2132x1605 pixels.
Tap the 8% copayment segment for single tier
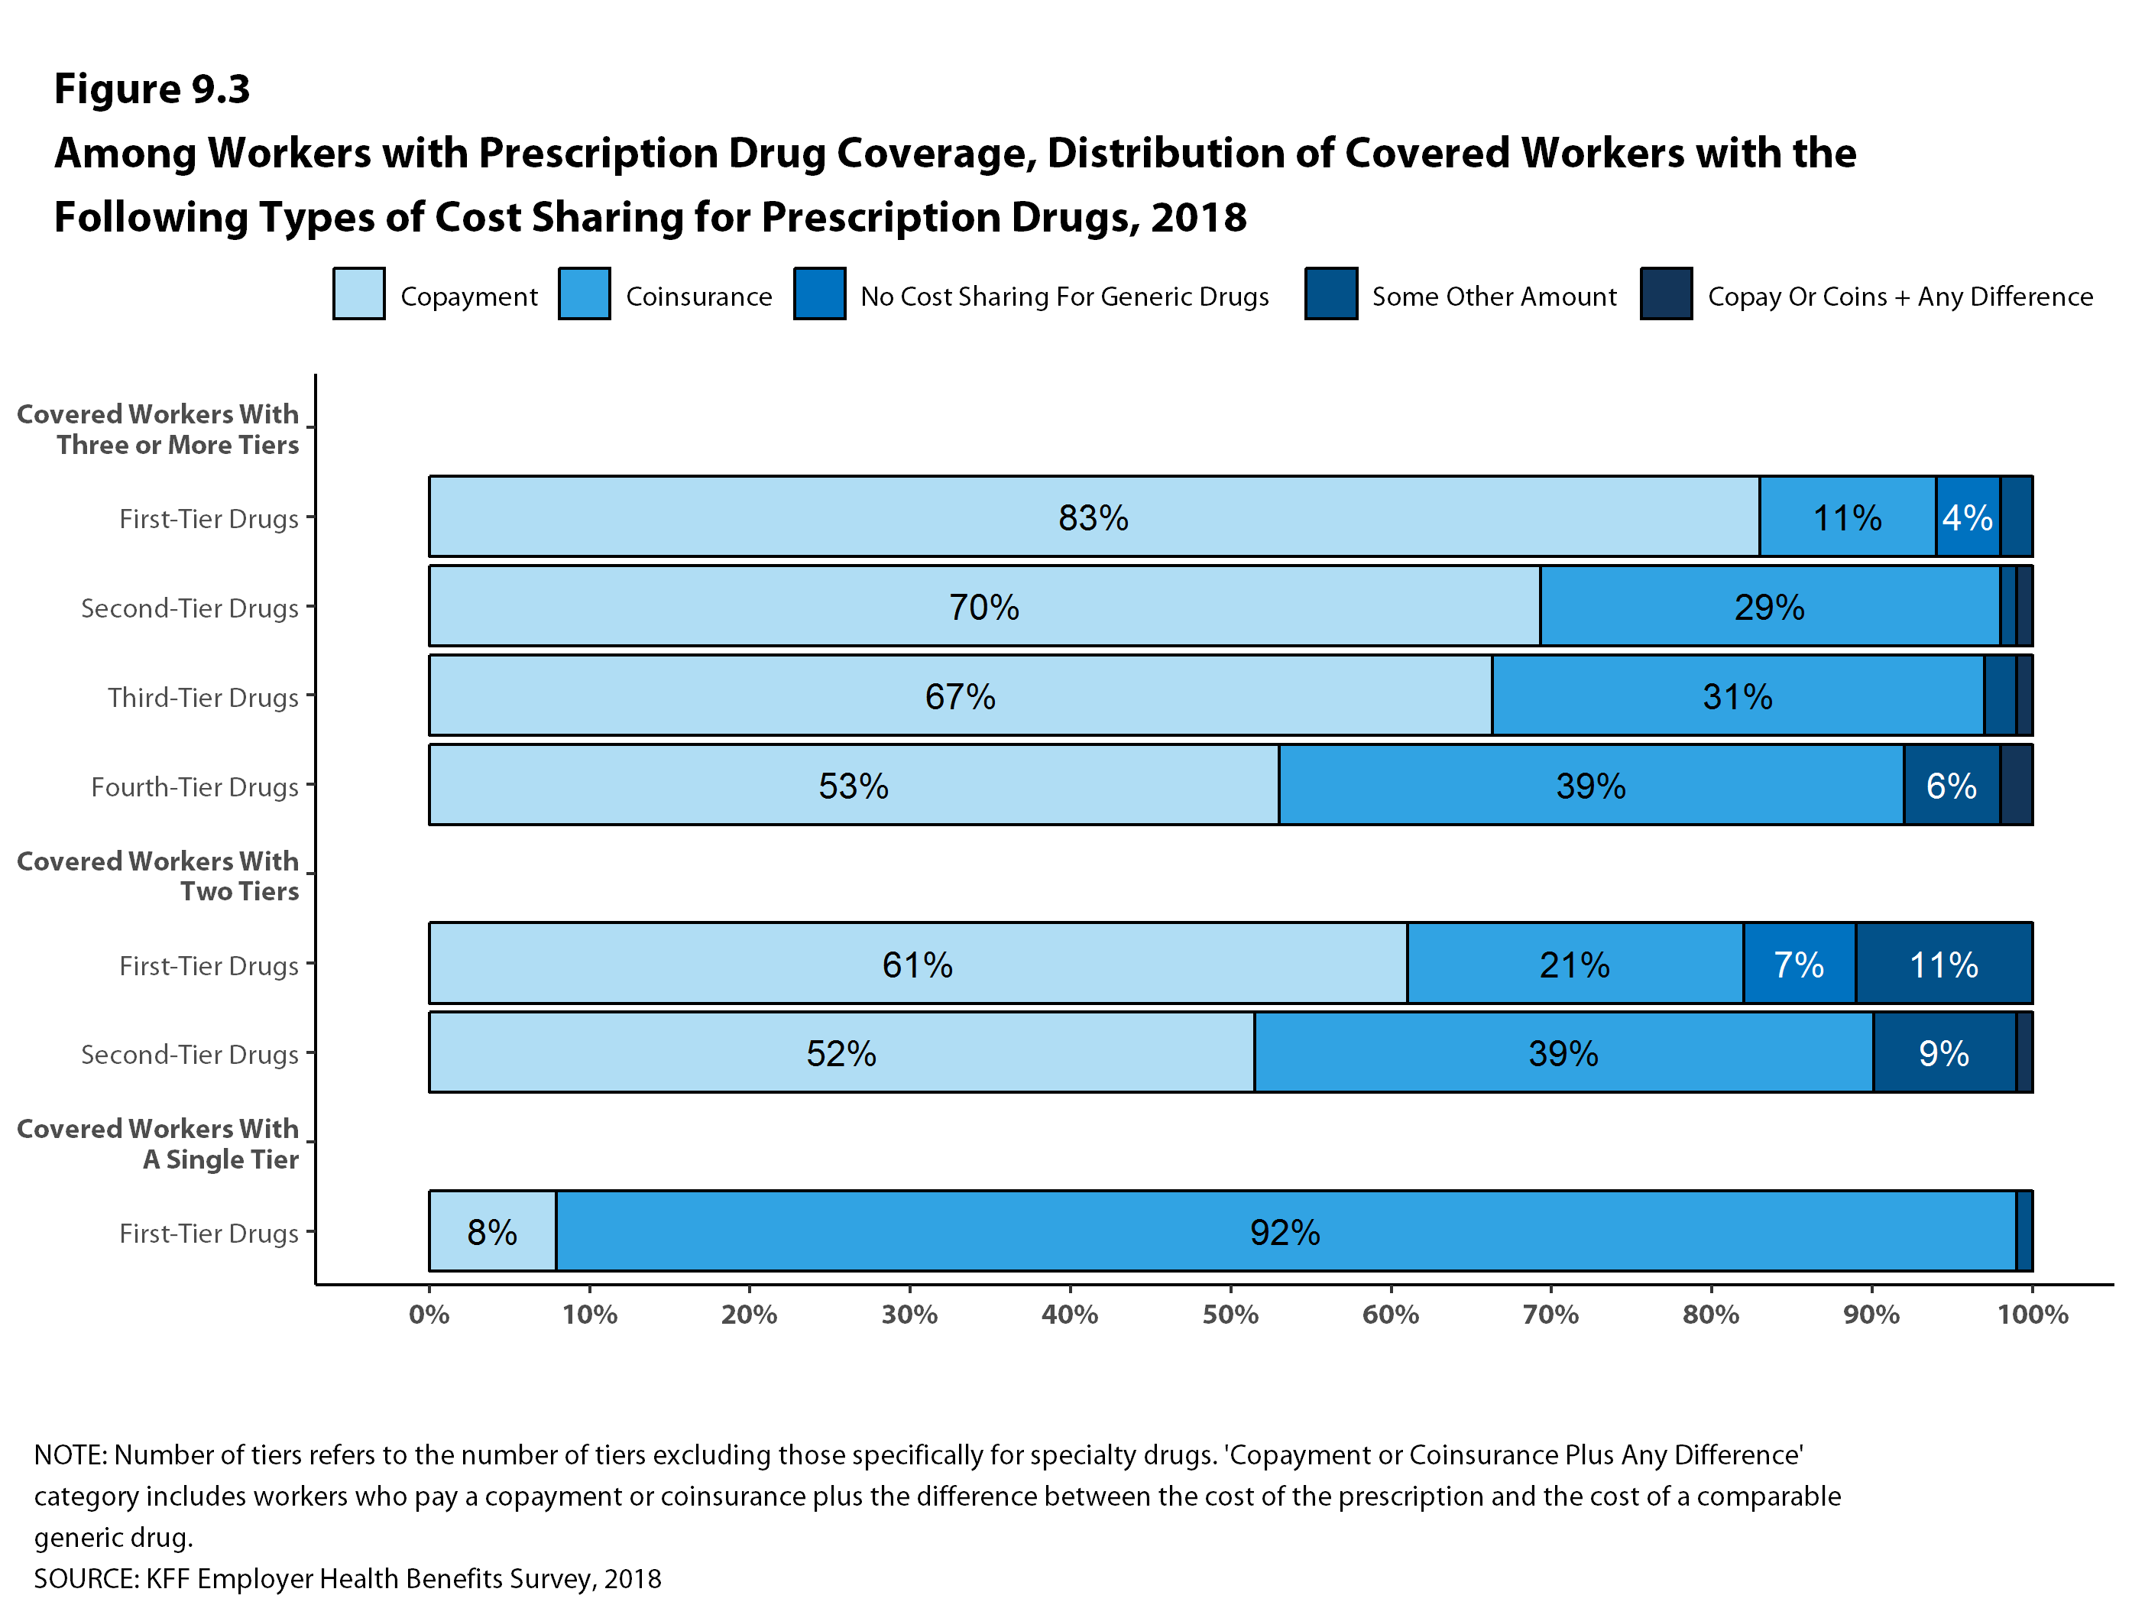pos(493,1231)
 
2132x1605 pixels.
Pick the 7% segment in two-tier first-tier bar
pos(1799,963)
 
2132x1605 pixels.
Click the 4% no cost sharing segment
pos(1967,517)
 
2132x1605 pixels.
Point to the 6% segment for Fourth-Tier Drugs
pos(1951,785)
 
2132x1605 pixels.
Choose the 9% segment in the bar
pos(1943,1052)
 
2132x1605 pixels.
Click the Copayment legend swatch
pos(358,294)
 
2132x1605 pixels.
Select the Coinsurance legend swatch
pos(584,294)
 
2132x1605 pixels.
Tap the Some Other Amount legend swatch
pos(1331,294)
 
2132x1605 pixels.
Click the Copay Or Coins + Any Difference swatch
pos(1666,294)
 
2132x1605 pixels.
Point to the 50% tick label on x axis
pos(1230,1315)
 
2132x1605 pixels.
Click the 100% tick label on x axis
pos(2032,1315)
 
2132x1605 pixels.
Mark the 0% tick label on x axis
pos(429,1315)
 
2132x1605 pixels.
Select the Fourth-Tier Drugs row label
pos(195,786)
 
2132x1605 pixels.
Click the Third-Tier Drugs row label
pos(203,697)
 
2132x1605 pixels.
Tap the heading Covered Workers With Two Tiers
pos(158,875)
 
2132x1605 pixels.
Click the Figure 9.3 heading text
pos(152,89)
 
